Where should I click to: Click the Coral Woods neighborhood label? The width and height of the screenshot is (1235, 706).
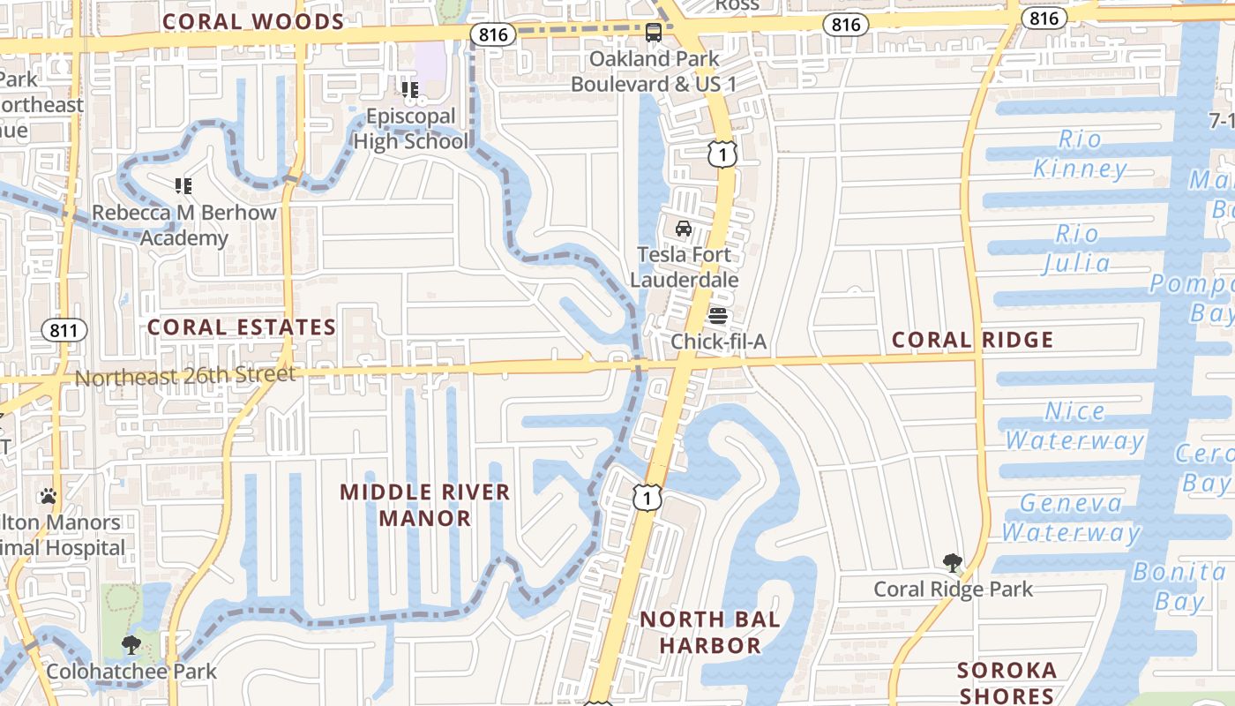pos(253,22)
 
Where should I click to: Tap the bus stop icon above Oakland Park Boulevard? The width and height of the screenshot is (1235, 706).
pos(654,33)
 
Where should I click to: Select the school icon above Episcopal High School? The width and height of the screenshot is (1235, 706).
pos(410,89)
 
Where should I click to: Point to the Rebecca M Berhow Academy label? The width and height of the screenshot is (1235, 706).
pos(184,225)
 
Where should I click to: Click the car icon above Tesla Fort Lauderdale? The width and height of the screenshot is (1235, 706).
pos(684,229)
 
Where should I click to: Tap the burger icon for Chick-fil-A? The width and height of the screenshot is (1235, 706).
pos(717,315)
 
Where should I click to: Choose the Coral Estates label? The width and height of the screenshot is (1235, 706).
pos(242,327)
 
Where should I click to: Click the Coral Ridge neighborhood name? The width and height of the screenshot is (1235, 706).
pos(972,340)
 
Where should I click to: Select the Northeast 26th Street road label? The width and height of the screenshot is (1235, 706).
pos(185,376)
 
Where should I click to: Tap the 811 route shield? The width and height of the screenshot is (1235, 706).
pos(64,331)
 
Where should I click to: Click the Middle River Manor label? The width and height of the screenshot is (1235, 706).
pos(425,505)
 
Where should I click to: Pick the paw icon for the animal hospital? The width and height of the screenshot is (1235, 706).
pos(49,496)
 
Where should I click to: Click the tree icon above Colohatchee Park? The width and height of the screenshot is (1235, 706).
pos(131,645)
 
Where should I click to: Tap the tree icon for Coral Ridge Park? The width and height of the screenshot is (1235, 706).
pos(952,562)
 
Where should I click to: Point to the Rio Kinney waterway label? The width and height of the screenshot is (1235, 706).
pos(1080,154)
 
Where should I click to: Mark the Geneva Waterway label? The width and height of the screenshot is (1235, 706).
pos(1071,518)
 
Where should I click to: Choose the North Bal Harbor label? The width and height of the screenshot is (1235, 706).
pos(709,632)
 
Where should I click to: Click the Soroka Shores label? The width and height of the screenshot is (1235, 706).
pos(1007,683)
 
